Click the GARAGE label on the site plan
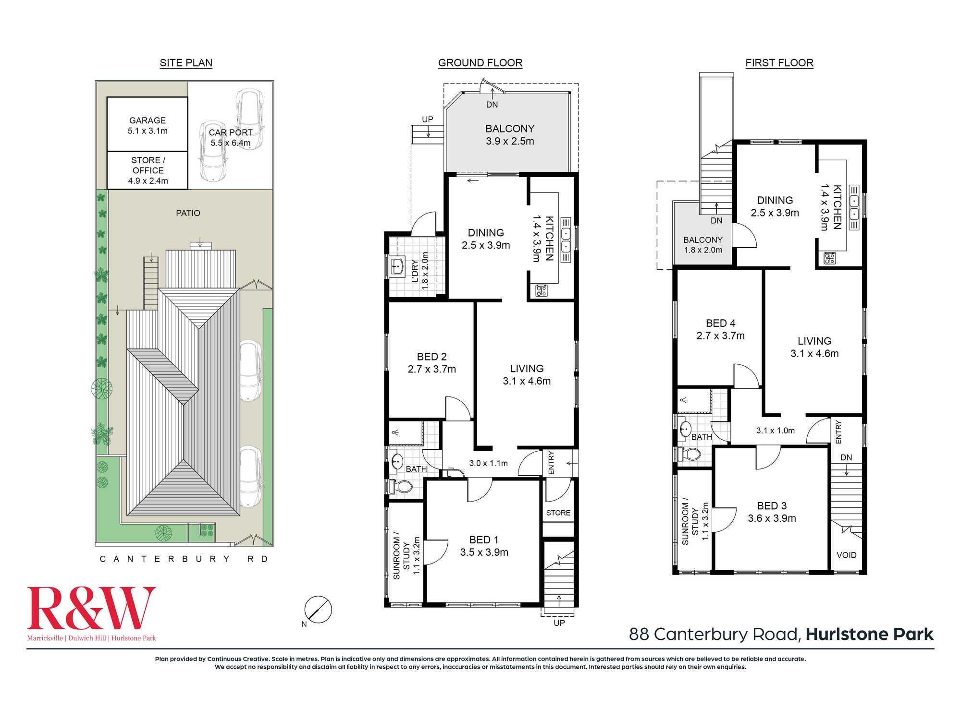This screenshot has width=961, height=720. tap(148, 120)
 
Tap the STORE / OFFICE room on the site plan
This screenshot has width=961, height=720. tap(148, 170)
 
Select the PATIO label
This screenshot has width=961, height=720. tap(188, 213)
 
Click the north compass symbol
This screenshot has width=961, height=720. tap(318, 610)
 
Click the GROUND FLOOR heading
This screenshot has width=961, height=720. tap(480, 63)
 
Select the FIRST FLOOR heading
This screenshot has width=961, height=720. tap(779, 63)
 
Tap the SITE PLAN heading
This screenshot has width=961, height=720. tap(186, 63)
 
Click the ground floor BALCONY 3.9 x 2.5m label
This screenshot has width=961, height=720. tap(510, 135)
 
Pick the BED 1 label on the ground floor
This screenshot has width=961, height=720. tap(484, 540)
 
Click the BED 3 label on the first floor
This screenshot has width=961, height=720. tap(772, 506)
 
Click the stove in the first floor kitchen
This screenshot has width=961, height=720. tap(829, 258)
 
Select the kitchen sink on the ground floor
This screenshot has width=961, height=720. tap(566, 240)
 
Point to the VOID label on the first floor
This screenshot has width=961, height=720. tap(846, 555)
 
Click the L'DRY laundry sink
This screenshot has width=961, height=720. tap(397, 265)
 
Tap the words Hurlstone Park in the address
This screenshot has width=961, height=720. tap(870, 634)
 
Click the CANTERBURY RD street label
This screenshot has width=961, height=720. tap(184, 559)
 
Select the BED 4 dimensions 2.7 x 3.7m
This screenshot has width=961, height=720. tap(720, 336)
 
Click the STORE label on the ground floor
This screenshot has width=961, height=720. tap(558, 513)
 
